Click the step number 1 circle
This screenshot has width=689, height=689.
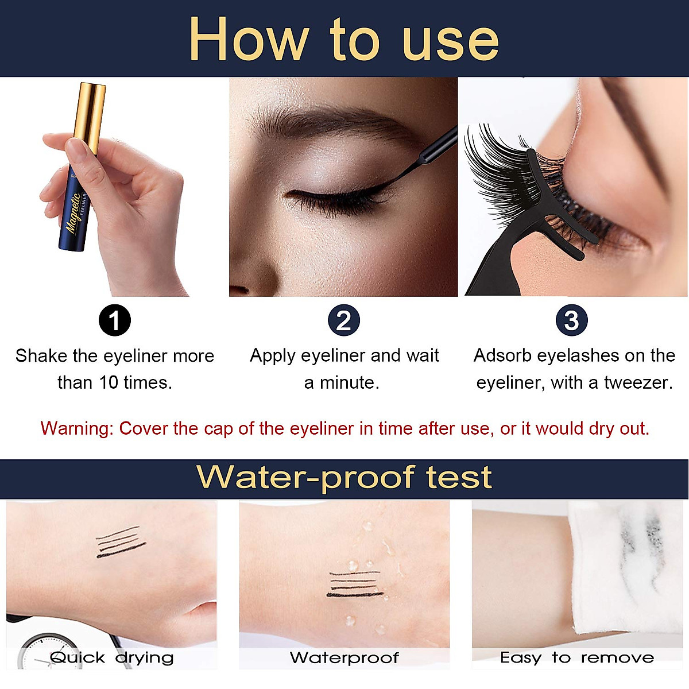pyautogui.click(x=115, y=320)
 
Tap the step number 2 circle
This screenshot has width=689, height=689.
pyautogui.click(x=343, y=320)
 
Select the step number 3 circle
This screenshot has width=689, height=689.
pyautogui.click(x=572, y=320)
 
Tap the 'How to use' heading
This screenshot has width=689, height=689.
pyautogui.click(x=343, y=39)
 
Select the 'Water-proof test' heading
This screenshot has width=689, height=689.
pyautogui.click(x=343, y=478)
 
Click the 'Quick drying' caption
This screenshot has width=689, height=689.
pyautogui.click(x=111, y=657)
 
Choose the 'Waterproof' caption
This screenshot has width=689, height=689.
pyautogui.click(x=344, y=657)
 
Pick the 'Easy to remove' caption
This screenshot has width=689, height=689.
pyautogui.click(x=576, y=657)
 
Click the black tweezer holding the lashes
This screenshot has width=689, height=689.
pyautogui.click(x=517, y=253)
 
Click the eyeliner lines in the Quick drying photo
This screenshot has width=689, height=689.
pyautogui.click(x=121, y=542)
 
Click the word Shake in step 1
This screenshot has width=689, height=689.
pyautogui.click(x=41, y=356)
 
